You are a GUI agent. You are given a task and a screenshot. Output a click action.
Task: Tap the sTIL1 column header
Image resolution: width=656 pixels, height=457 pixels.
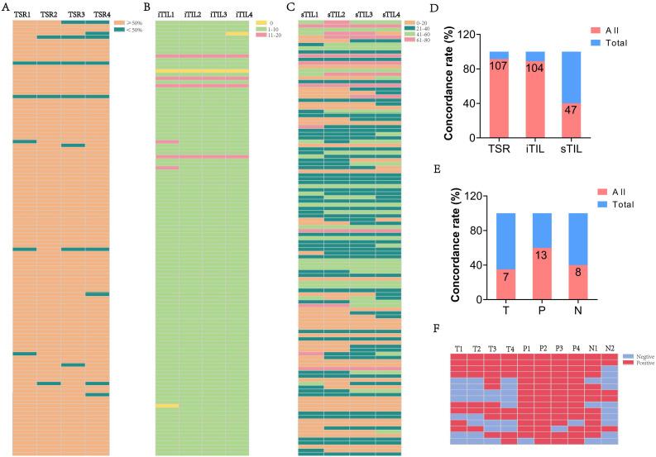tap(311, 15)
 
